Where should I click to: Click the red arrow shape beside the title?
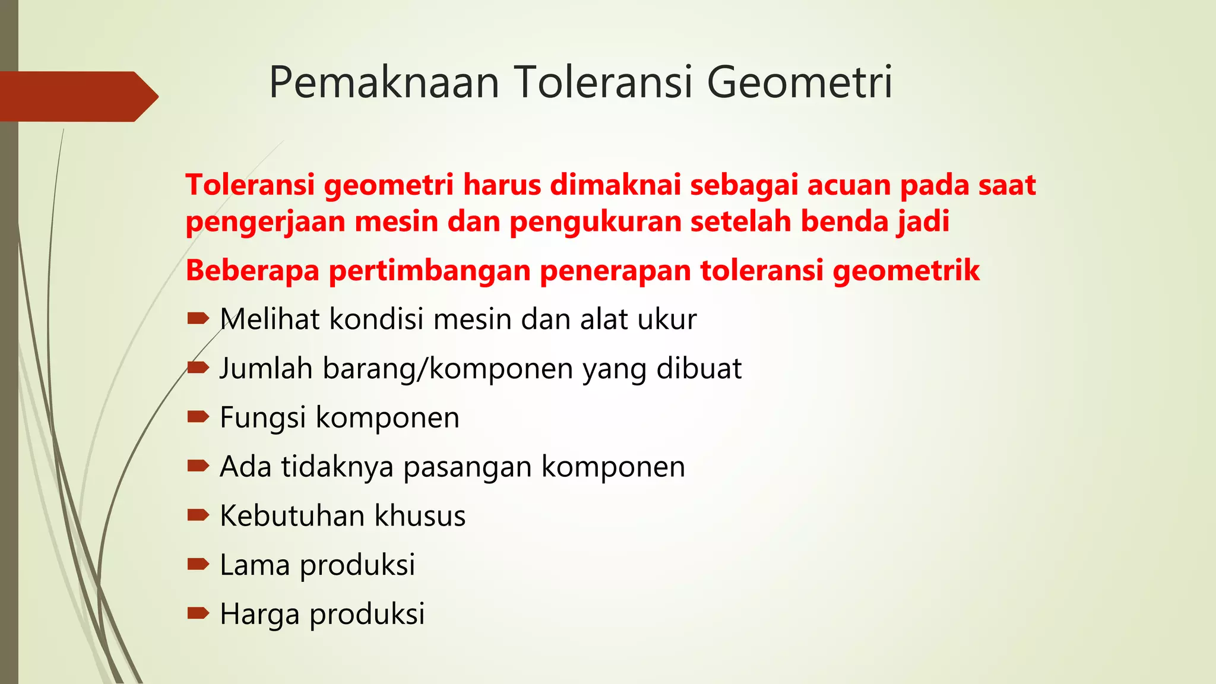tap(77, 96)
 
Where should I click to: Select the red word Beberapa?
tap(252, 270)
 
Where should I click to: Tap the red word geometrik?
tap(906, 271)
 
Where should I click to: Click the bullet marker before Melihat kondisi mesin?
tap(198, 319)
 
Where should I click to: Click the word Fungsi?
tap(263, 417)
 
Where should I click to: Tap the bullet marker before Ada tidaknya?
tap(198, 466)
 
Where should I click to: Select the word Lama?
tap(255, 565)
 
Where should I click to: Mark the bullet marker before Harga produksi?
tap(198, 613)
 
